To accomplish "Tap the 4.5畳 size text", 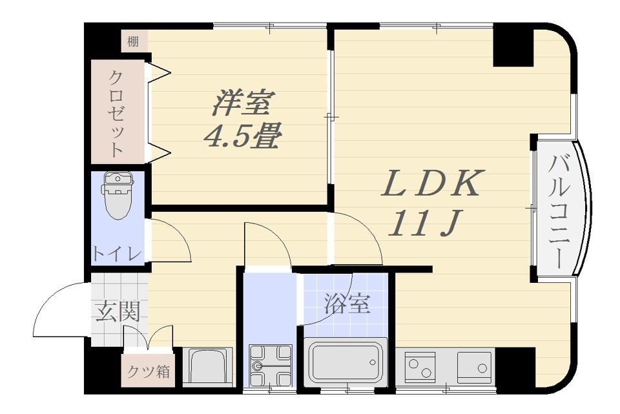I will click(x=242, y=137).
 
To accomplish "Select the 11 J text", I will click(x=423, y=223).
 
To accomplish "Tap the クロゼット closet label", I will click(x=116, y=114).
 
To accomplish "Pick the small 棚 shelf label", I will click(x=132, y=43).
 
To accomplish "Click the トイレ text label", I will click(x=116, y=253).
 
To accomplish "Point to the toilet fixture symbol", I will click(x=117, y=194).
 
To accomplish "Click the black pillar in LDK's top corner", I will click(x=513, y=45).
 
